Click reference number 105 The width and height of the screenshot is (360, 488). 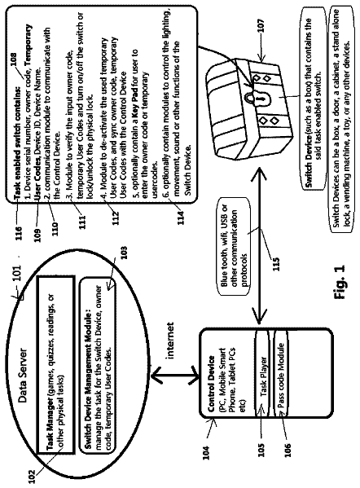(261, 450)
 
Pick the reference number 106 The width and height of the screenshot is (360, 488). (288, 450)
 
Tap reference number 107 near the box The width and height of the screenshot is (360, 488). (261, 25)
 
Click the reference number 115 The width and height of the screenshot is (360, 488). (276, 263)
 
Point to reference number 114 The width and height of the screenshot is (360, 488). (181, 218)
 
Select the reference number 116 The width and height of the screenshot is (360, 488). (19, 235)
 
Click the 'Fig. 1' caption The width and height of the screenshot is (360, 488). (340, 282)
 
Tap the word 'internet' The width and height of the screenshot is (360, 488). (170, 341)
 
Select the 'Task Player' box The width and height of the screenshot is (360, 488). (261, 373)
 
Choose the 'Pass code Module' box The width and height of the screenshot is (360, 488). (280, 373)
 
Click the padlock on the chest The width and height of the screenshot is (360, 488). (257, 99)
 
